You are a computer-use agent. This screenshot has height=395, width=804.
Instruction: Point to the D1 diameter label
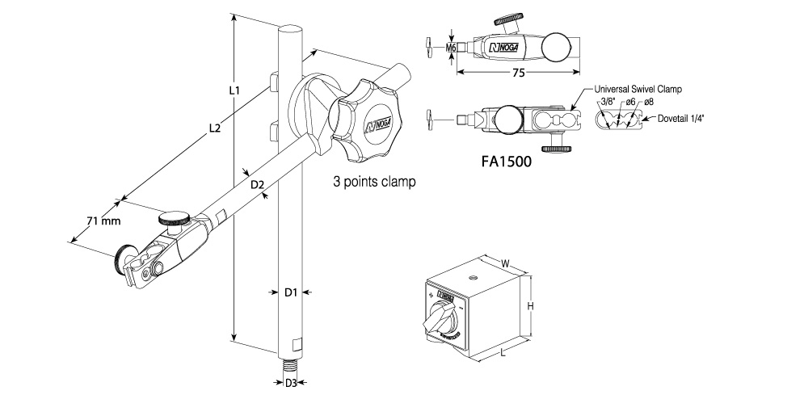pos(292,292)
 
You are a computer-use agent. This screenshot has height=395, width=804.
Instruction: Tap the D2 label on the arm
pos(258,185)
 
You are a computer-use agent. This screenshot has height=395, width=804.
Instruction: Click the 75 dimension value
pos(519,73)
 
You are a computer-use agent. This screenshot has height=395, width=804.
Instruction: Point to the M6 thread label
pos(453,48)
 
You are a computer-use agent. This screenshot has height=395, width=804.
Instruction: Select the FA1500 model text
pos(506,161)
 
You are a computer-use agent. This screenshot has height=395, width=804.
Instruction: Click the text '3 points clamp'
pos(374,183)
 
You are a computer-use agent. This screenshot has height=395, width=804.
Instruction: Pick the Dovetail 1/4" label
pos(682,118)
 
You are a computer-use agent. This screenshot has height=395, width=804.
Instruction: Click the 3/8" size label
pos(609,102)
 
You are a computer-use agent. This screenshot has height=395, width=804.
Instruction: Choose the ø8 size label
pos(649,102)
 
